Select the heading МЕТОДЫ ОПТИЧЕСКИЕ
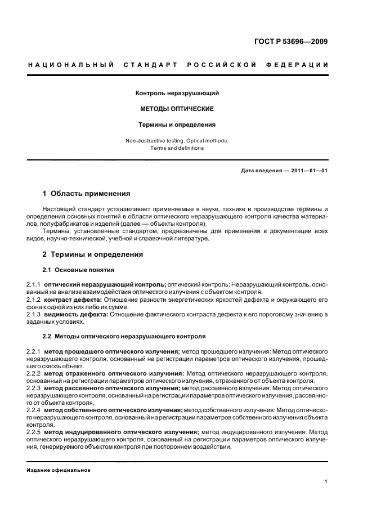pos(177,109)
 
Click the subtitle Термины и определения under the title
pos(177,124)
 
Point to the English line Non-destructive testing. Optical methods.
pos(177,140)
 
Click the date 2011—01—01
pos(307,171)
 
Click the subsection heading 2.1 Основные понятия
pos(78,270)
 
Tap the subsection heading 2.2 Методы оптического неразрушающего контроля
pos(124,336)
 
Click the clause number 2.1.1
pos(34,285)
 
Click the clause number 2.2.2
pos(34,373)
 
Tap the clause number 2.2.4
pos(34,410)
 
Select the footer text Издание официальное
pos(59,470)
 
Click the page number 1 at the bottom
pos(326,482)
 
